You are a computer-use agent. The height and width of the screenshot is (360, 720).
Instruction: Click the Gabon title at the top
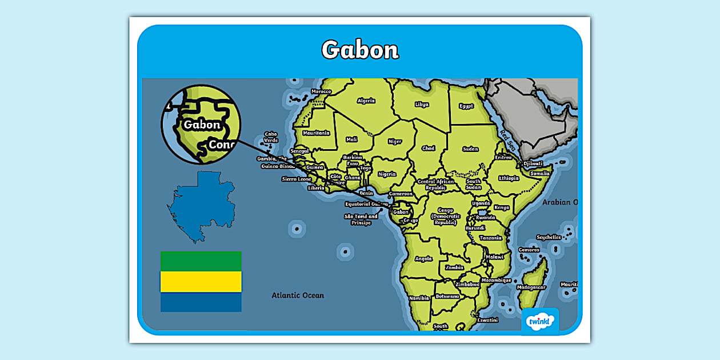pos(359,50)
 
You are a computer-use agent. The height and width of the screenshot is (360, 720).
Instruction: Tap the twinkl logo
pos(539,322)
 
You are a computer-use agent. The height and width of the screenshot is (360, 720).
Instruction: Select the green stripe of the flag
pos(201,261)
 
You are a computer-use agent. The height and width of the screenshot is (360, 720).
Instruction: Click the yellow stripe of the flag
pos(201,281)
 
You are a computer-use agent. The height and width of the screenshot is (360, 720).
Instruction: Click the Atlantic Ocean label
pos(298,295)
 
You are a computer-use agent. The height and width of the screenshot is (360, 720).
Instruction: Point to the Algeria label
pos(366,101)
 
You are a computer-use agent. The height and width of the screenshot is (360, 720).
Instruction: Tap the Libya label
pos(422,105)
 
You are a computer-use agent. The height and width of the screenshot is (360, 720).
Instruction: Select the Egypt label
pos(466,106)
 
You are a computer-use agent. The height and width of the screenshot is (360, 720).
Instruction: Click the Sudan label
pos(470,149)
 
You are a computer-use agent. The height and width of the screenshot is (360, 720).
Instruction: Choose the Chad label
pos(428,148)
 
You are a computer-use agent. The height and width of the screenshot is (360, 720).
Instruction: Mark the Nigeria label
pos(387,174)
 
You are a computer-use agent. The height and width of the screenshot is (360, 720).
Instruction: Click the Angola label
pos(423,258)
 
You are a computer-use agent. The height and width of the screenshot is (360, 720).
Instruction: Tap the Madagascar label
pos(531,287)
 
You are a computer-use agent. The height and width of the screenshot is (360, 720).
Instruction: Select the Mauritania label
pos(316,133)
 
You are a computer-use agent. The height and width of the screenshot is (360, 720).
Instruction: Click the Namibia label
pos(419,298)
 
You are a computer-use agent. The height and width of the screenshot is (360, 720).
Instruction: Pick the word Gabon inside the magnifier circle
pos(202,125)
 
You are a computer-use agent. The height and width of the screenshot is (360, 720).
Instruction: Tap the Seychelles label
pos(549,237)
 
